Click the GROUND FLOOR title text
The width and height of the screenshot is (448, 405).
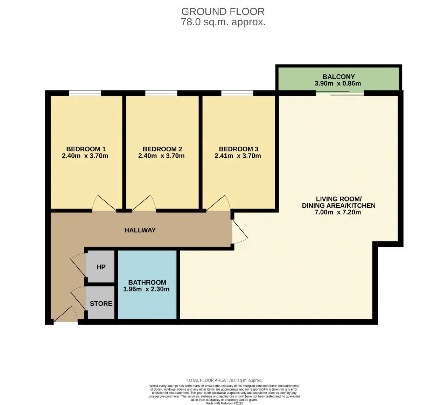coord(223,12)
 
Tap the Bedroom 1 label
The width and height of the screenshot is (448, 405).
coord(86,149)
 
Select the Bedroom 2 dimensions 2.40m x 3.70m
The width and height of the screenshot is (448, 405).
coord(161,156)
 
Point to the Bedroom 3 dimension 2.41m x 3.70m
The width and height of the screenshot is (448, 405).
coord(238,156)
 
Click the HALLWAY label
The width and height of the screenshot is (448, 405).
coord(140,230)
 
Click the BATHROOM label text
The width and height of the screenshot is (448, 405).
coord(147,282)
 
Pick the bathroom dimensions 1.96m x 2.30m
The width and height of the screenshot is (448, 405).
coord(146,289)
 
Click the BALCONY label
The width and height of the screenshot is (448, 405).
coord(338,77)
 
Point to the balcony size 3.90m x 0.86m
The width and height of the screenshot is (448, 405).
coord(338,83)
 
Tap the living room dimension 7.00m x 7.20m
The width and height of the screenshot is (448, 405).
coord(338,212)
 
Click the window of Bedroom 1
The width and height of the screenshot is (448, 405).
coord(85,93)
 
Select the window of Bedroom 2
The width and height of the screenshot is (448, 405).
coord(161,93)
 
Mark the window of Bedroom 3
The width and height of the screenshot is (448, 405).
coord(237,93)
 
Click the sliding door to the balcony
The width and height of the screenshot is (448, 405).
coord(340,93)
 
